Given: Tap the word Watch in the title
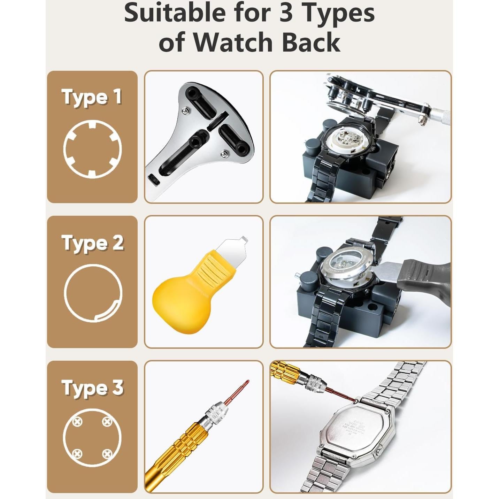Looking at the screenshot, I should coord(233,43).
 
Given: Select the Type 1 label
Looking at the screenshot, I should coord(92,97).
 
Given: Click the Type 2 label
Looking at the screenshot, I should coord(92,243).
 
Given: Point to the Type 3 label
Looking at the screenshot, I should coord(92,388).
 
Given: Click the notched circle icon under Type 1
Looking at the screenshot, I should coord(92,149).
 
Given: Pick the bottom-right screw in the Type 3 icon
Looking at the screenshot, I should coord(107,454).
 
